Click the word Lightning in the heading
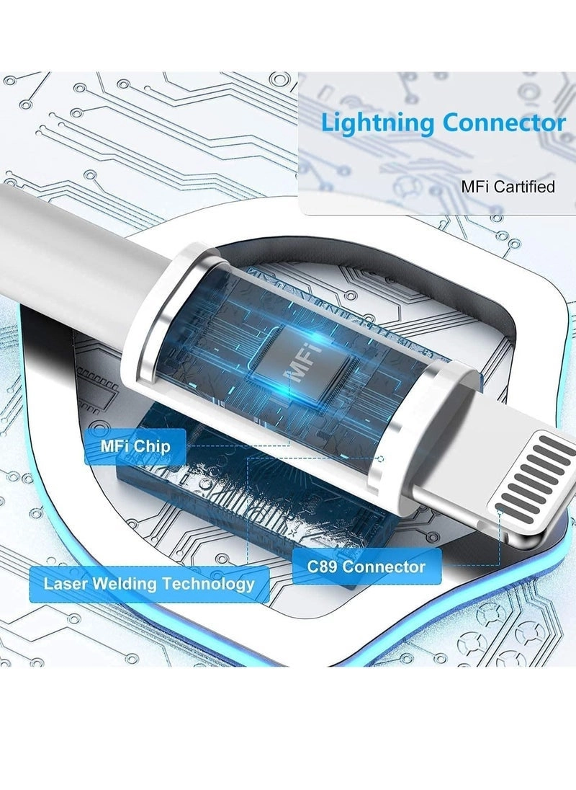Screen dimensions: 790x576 tap(378, 123)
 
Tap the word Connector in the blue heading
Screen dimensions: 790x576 tap(504, 123)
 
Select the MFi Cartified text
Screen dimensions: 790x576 tap(508, 187)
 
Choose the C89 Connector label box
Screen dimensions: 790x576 tap(366, 567)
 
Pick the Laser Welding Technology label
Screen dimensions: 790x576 tap(149, 583)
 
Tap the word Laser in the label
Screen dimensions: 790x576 tap(63, 583)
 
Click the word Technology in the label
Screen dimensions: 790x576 tap(208, 583)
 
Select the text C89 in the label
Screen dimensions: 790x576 tap(322, 567)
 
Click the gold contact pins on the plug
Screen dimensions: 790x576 tap(536, 476)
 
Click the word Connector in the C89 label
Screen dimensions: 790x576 tap(384, 567)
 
